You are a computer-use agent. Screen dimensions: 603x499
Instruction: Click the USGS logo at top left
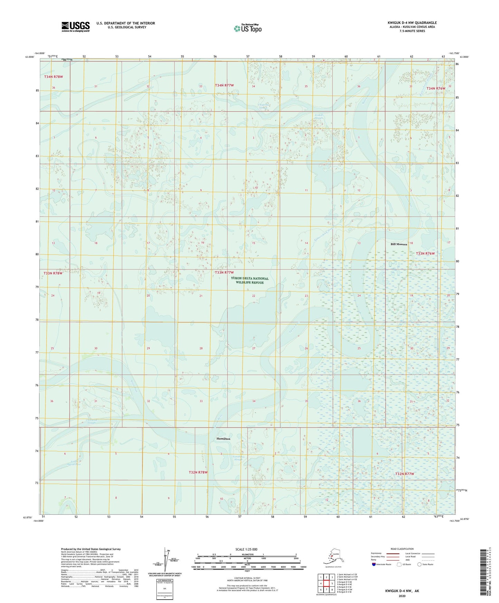(75, 27)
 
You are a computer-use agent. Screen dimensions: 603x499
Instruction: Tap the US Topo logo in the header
(247, 28)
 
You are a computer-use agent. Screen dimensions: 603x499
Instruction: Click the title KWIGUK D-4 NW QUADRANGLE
(412, 23)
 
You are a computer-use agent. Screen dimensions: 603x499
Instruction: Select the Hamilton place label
(223, 439)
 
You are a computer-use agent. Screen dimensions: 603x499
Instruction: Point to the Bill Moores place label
(399, 244)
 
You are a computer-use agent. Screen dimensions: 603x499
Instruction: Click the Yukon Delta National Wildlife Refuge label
(250, 280)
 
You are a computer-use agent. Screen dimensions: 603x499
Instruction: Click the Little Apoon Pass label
(76, 463)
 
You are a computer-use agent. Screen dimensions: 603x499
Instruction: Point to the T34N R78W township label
(54, 77)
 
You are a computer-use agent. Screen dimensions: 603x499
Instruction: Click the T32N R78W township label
(198, 472)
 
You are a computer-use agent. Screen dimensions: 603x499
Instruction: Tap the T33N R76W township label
(425, 253)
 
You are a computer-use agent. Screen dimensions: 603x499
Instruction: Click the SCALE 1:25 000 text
(246, 549)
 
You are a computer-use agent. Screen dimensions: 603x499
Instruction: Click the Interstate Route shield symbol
(374, 564)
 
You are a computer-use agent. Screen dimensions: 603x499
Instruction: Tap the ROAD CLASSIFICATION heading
(402, 549)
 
